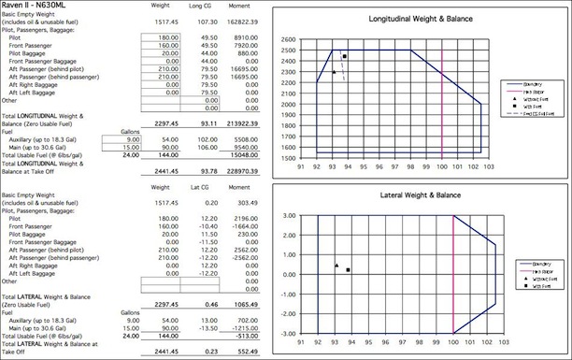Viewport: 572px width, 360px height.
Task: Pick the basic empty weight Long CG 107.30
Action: point(210,18)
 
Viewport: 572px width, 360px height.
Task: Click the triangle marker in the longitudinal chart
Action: point(334,72)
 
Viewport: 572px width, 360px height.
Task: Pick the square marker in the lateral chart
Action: point(348,270)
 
